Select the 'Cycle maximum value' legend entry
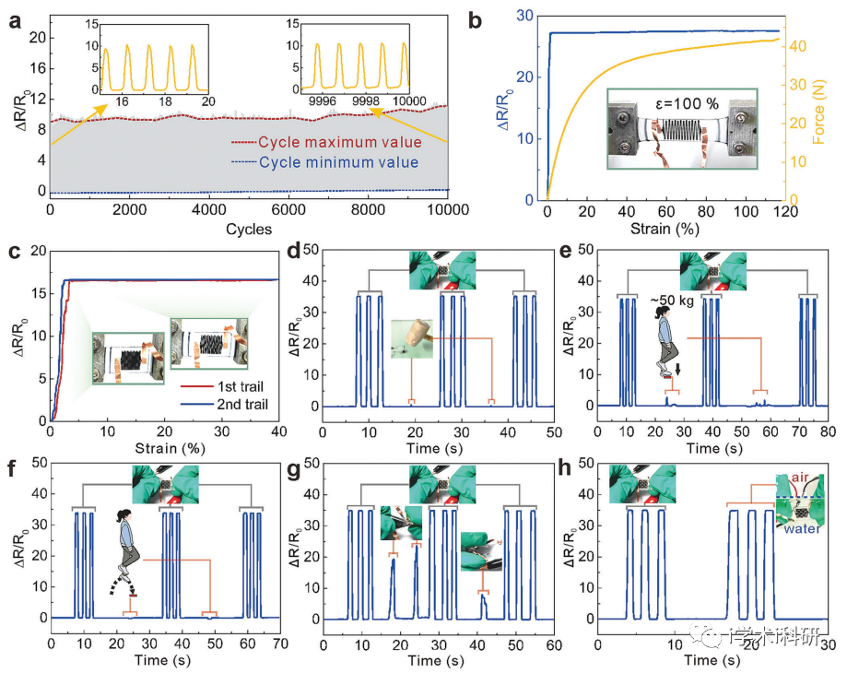tap(340, 143)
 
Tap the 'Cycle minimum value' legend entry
tap(338, 163)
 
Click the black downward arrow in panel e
tap(678, 370)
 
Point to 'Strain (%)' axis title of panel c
tap(164, 447)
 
